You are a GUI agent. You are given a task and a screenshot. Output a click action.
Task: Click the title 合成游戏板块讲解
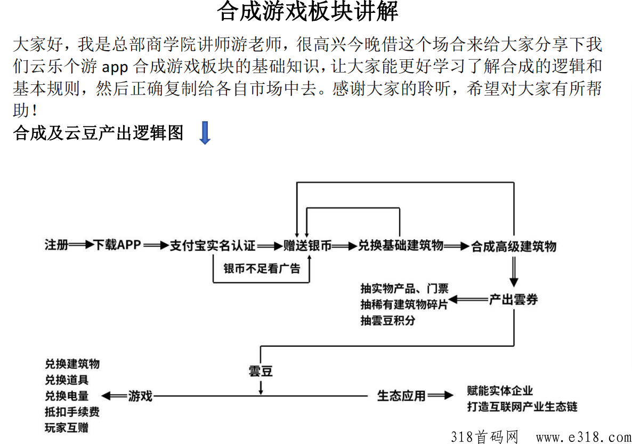click(x=307, y=11)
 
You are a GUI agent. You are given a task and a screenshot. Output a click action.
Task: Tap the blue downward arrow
click(x=205, y=133)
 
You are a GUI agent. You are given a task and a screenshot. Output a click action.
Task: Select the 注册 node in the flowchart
click(x=56, y=244)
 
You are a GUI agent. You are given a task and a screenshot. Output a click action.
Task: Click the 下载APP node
click(x=117, y=244)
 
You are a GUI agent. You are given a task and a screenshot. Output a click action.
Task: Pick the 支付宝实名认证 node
click(x=213, y=245)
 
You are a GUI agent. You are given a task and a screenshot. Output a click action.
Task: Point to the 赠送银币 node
click(x=307, y=245)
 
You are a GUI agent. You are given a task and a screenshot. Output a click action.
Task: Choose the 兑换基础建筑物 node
click(x=401, y=245)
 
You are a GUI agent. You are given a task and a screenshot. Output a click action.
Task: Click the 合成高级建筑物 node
click(x=514, y=246)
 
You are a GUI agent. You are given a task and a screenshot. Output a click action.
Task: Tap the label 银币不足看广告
click(x=262, y=268)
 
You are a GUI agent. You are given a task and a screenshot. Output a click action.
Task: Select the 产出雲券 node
click(x=514, y=299)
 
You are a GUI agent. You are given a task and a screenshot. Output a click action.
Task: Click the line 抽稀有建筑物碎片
click(x=404, y=304)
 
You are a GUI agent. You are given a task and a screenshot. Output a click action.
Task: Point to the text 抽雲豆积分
click(x=388, y=321)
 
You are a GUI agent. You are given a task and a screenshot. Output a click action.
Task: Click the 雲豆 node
click(x=261, y=371)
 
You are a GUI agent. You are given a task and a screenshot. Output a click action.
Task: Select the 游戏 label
click(x=140, y=396)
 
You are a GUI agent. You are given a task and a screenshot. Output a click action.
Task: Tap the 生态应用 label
click(x=401, y=396)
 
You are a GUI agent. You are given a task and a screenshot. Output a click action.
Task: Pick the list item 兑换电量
click(x=67, y=396)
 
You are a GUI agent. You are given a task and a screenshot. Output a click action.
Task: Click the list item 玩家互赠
click(x=67, y=428)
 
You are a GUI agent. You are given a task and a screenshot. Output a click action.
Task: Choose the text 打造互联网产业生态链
click(x=522, y=407)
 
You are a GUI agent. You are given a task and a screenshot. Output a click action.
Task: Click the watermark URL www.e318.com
click(x=584, y=437)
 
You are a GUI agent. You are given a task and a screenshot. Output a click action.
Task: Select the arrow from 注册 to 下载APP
click(x=81, y=244)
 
